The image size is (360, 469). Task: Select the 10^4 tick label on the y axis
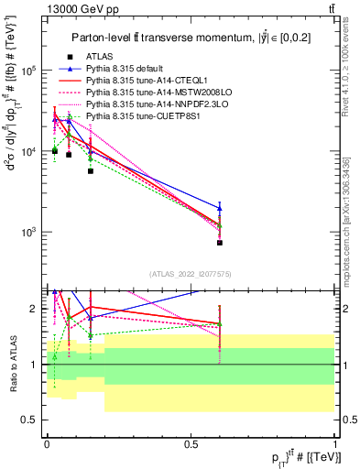click(x=29, y=151)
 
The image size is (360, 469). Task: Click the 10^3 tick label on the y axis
click(x=29, y=232)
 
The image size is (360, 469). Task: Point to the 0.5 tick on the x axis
click(x=191, y=444)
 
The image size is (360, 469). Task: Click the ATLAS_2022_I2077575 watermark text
click(x=191, y=274)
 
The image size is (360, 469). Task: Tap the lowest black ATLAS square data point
click(x=220, y=243)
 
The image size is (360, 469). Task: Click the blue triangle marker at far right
click(x=220, y=208)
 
